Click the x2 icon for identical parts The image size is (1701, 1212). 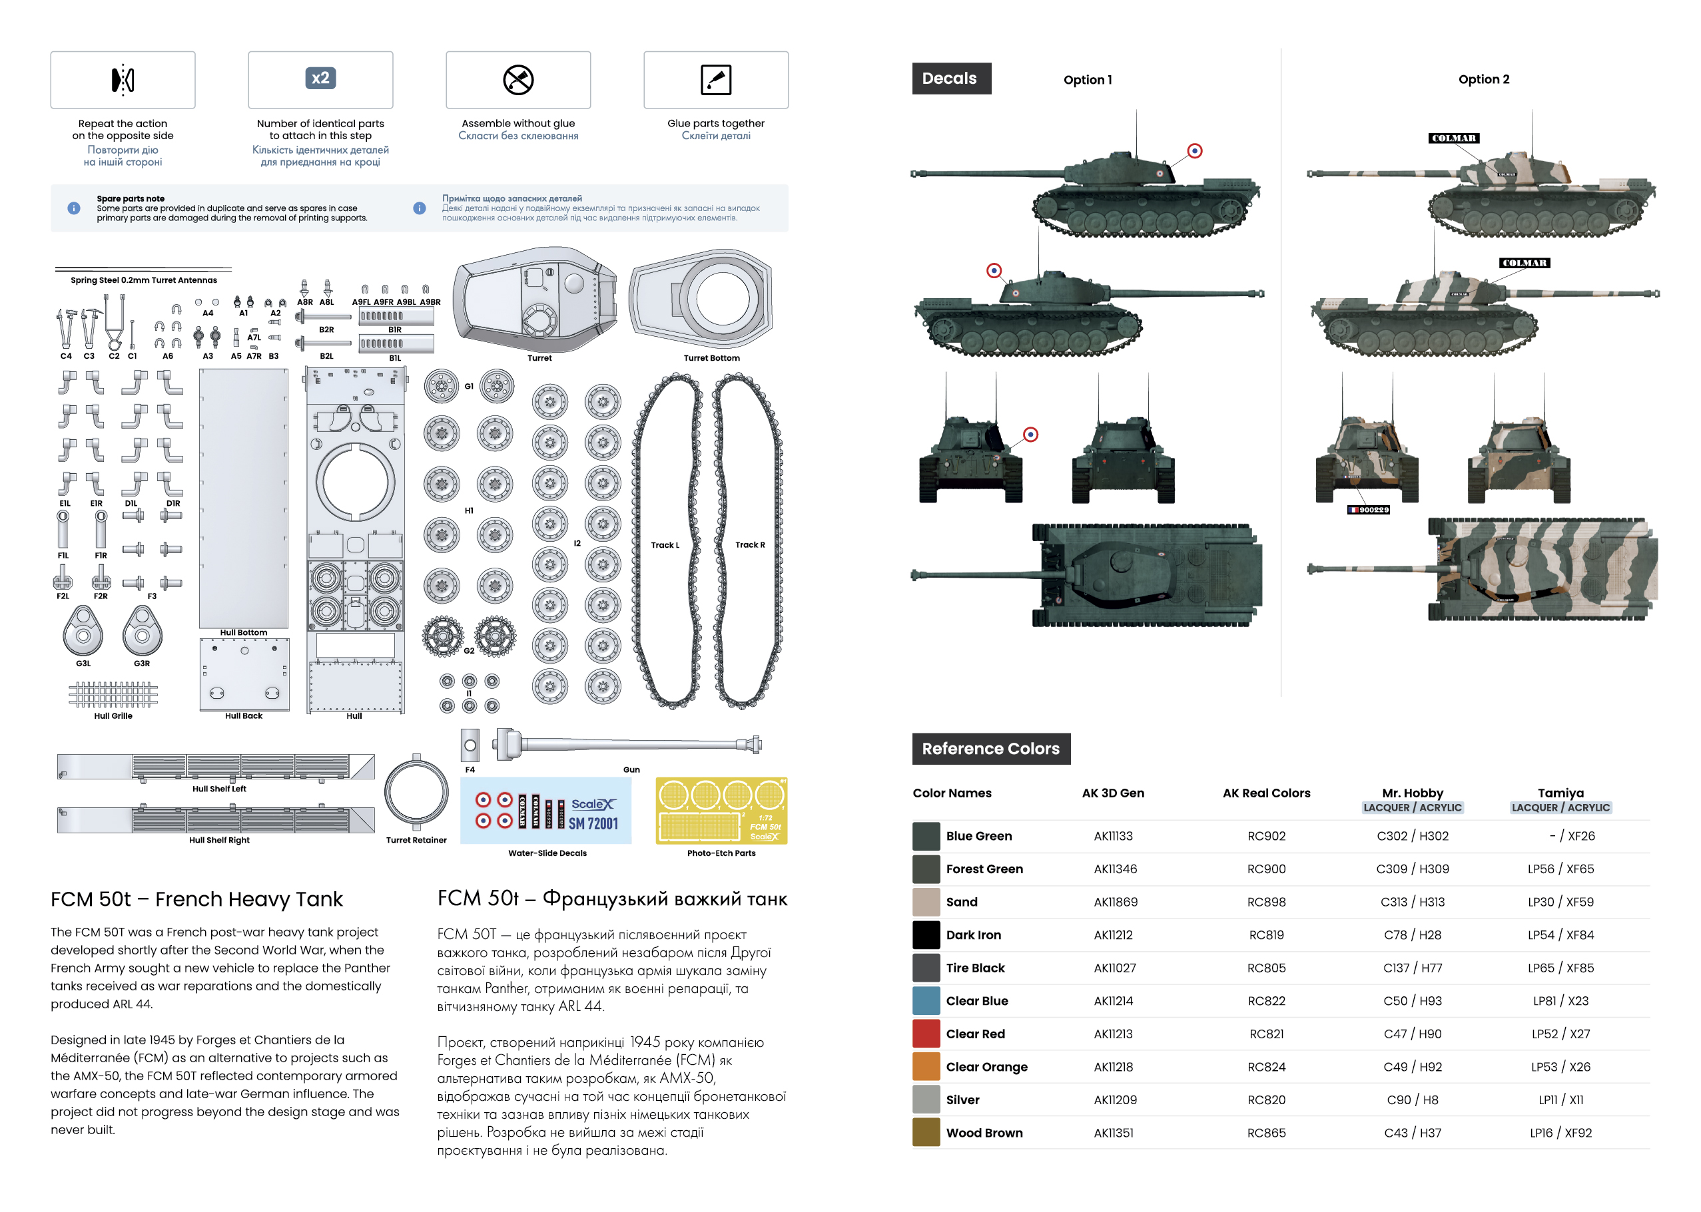pos(320,79)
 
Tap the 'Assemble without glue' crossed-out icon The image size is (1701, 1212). pos(517,80)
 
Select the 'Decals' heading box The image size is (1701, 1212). pos(950,79)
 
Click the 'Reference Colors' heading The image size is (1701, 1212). pos(990,748)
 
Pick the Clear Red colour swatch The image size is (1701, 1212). pos(925,1034)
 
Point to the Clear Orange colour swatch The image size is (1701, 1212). pos(925,1066)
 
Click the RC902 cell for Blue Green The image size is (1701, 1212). pos(1265,836)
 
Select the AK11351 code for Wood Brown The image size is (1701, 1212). pos(1113,1132)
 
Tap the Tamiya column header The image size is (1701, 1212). pos(1560,793)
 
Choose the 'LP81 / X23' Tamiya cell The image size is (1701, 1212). pos(1560,1001)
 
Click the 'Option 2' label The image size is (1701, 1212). pos(1483,79)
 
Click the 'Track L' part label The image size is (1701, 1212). pos(665,545)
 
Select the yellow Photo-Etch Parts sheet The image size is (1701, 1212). pos(721,811)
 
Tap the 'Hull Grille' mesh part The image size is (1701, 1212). pos(113,694)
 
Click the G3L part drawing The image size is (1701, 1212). pos(83,631)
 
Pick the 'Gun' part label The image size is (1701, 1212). pos(631,769)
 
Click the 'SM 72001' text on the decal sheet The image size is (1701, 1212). pos(593,823)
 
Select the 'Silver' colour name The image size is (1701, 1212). pos(962,1100)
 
